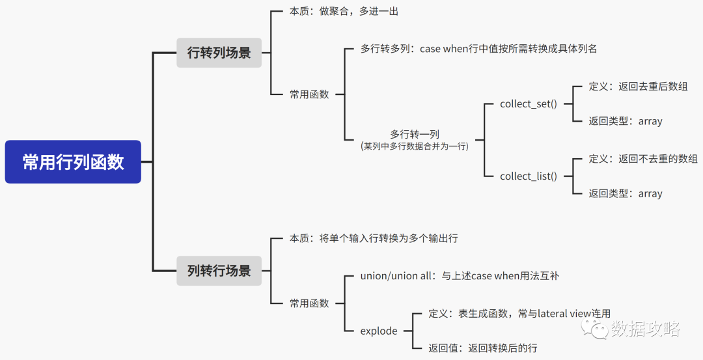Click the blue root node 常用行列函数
point(73,161)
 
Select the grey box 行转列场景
point(219,53)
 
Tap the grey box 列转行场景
point(219,270)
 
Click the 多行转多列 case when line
point(478,49)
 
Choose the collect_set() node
point(528,104)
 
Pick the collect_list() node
point(528,176)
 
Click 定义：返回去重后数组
point(638,87)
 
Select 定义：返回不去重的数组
point(643,159)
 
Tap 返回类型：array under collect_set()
point(626,121)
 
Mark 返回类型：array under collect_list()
point(626,193)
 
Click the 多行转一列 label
point(415,134)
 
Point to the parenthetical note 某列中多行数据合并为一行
point(415,146)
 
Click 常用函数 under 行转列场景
point(309,94)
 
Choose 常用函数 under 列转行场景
point(309,303)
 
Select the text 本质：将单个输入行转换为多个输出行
point(374,238)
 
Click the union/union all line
point(460,276)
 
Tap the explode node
point(379,331)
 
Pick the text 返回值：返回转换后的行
point(483,348)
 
